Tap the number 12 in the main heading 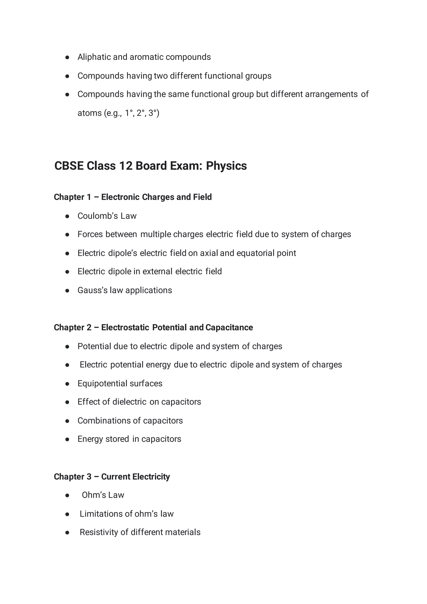pos(126,166)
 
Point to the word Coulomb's pos(98,216)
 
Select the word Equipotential pos(102,383)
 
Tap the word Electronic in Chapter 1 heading pos(121,197)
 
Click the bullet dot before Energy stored pos(67,439)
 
